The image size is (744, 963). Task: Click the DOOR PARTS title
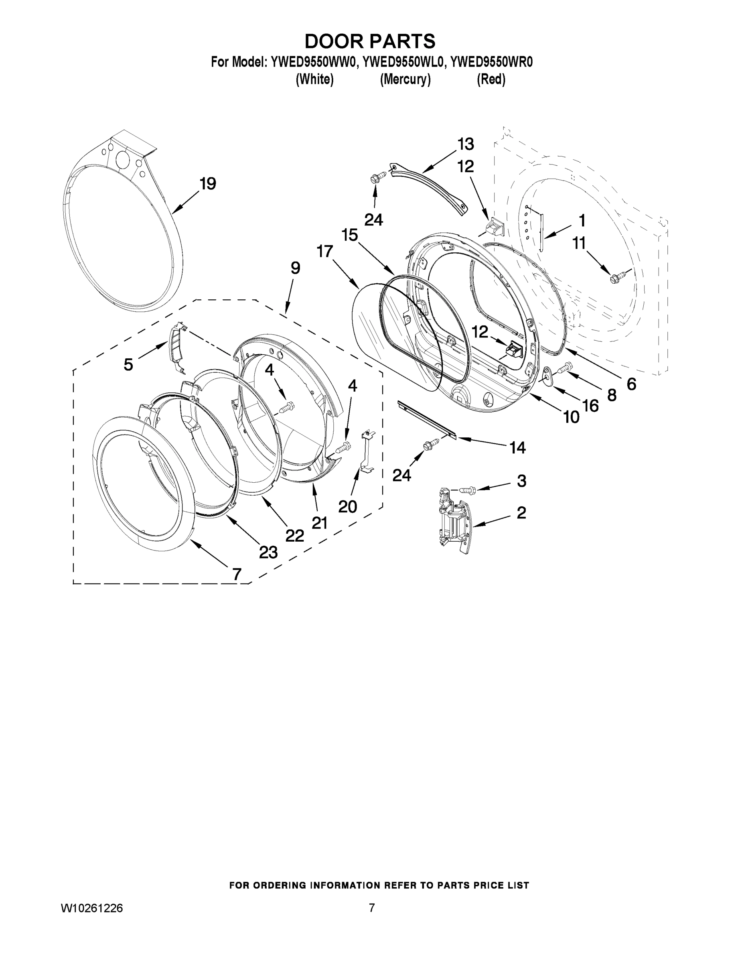coord(370,41)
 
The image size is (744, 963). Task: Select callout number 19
coord(208,183)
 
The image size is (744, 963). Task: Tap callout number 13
coord(465,144)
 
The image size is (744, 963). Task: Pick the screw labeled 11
coord(614,278)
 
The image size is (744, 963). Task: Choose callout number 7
coord(237,574)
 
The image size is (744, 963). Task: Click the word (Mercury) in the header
coord(405,80)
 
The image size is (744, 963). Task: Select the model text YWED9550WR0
coord(491,62)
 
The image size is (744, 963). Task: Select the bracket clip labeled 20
coord(367,452)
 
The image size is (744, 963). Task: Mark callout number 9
coord(295,268)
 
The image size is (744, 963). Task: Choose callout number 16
coord(590,406)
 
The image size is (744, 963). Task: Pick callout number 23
coord(268,552)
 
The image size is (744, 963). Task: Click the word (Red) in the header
coord(491,80)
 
